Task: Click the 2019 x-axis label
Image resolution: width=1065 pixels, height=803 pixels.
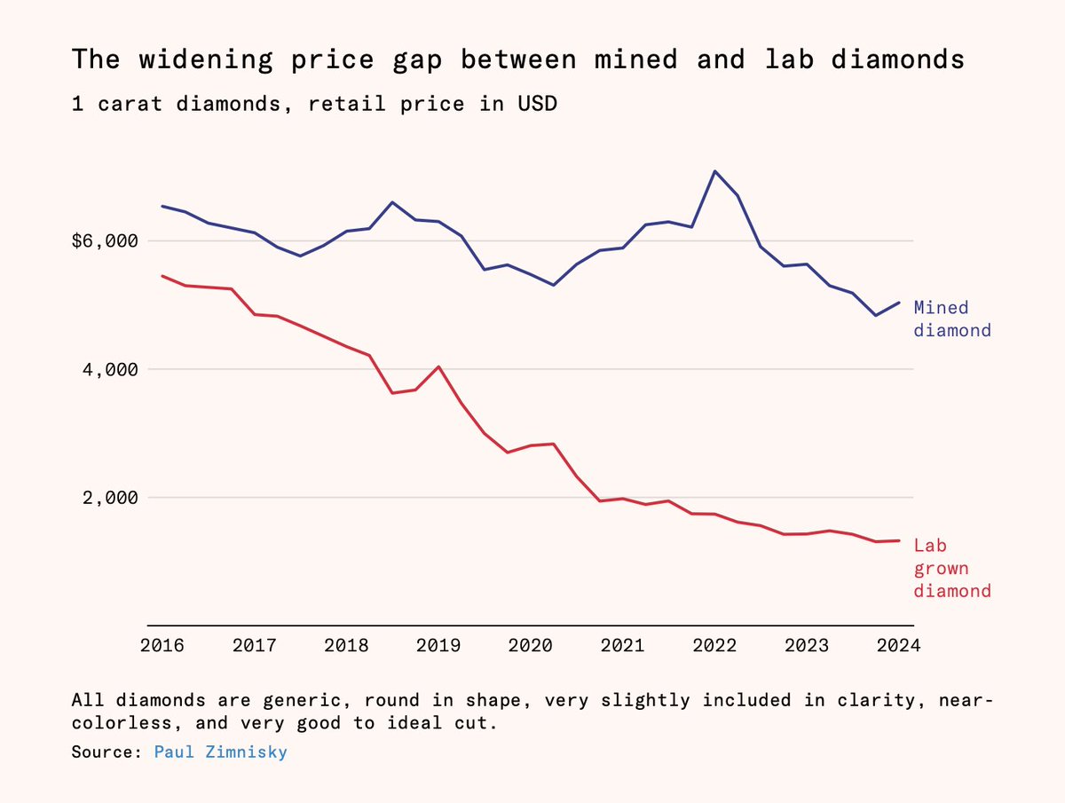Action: coord(438,645)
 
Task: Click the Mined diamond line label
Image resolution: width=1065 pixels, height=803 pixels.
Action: coord(951,319)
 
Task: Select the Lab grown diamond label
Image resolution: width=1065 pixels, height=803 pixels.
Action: coord(951,568)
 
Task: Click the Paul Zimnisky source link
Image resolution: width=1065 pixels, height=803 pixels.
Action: coord(220,752)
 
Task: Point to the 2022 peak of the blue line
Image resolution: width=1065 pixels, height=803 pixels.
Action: coord(714,171)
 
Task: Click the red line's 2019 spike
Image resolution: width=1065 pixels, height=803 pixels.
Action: coord(438,366)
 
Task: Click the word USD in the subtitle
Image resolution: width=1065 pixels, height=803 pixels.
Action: coord(537,104)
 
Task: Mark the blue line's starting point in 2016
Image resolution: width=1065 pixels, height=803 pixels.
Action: coord(162,206)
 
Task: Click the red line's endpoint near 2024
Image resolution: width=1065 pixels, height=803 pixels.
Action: coord(899,540)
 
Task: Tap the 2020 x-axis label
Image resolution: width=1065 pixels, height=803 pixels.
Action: coord(530,645)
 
